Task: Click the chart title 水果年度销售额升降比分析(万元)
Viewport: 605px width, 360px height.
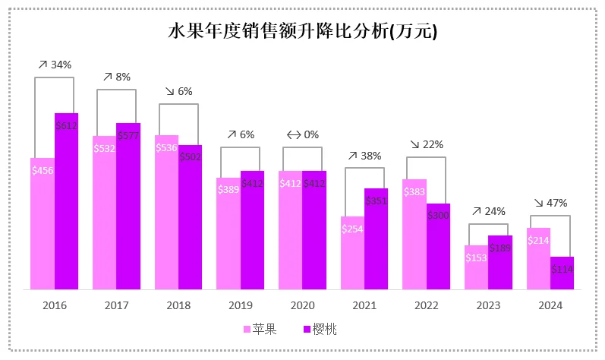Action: (x=302, y=33)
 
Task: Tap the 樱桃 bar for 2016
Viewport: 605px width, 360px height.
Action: (x=67, y=201)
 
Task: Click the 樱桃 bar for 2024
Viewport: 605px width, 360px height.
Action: (x=562, y=273)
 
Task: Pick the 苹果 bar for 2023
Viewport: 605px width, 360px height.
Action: (x=476, y=267)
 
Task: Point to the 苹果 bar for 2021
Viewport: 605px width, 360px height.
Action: (x=352, y=253)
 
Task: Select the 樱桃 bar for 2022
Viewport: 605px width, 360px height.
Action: (x=438, y=247)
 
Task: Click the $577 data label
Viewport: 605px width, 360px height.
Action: (x=128, y=135)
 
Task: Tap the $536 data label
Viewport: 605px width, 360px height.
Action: (x=166, y=147)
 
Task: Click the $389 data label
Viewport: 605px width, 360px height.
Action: (x=228, y=189)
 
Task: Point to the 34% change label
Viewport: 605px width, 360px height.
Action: (x=55, y=65)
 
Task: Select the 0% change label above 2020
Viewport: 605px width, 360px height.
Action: (x=302, y=134)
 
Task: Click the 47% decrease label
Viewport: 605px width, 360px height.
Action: (x=550, y=203)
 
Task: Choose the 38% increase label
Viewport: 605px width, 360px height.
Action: (x=364, y=155)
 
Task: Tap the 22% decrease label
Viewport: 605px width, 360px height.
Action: (x=426, y=144)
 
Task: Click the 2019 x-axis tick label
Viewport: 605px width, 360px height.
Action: (x=241, y=306)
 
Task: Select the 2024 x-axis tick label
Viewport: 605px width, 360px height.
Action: (x=550, y=306)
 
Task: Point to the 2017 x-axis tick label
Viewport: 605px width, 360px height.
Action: (x=116, y=306)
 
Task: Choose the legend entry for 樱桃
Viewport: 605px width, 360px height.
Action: (x=321, y=329)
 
